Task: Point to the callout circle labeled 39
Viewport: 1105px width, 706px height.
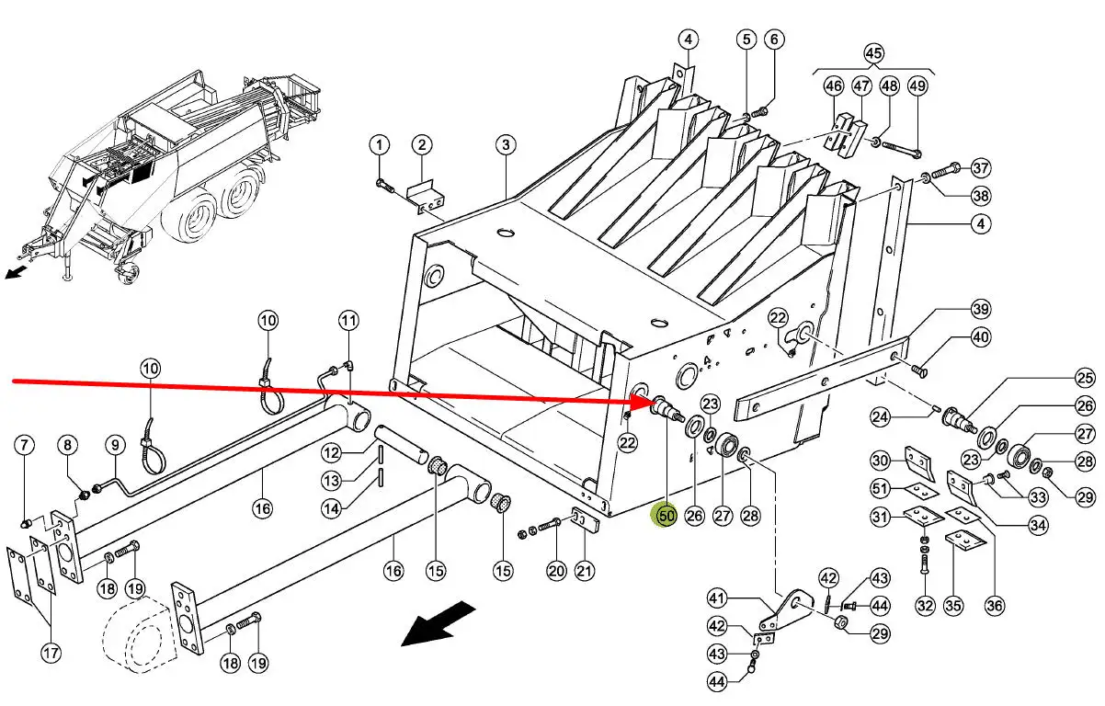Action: click(x=981, y=308)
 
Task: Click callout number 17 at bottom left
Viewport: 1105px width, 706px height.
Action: click(x=51, y=654)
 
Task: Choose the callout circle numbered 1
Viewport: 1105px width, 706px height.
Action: click(x=381, y=144)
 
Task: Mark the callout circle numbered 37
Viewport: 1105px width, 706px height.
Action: click(x=981, y=168)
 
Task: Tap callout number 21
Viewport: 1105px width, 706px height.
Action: click(x=585, y=571)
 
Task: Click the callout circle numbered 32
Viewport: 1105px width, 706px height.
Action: click(x=925, y=606)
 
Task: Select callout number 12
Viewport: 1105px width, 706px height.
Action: click(x=332, y=452)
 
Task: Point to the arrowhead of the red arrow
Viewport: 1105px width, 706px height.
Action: click(x=648, y=402)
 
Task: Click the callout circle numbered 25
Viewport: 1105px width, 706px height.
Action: click(x=1086, y=378)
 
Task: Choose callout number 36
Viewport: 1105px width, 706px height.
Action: click(x=995, y=606)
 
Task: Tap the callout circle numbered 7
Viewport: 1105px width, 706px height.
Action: click(x=25, y=446)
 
